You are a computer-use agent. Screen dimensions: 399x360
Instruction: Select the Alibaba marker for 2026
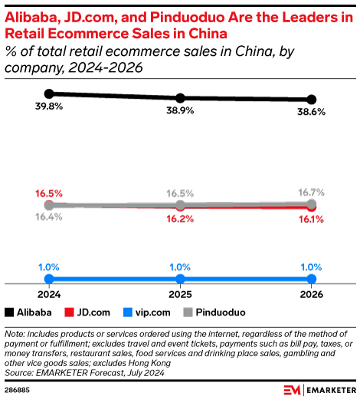click(312, 100)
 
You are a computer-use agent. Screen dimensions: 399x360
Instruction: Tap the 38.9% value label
click(180, 111)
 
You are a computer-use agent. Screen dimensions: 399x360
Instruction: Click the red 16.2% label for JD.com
click(180, 218)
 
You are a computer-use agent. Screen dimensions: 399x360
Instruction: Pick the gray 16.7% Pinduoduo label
click(312, 191)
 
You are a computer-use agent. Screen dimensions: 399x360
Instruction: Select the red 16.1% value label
click(312, 219)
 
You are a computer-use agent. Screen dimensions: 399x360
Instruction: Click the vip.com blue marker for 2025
click(180, 279)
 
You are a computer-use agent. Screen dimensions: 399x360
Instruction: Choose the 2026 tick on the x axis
click(312, 293)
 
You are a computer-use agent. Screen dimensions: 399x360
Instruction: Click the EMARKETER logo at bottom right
click(319, 388)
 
